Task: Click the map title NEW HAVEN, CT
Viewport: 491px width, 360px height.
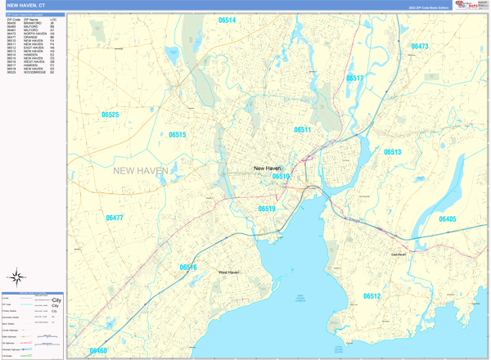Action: click(x=27, y=5)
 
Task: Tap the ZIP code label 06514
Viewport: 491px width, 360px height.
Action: click(x=227, y=20)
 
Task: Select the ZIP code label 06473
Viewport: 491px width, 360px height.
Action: click(x=420, y=47)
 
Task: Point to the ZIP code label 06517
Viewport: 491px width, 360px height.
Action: click(x=355, y=79)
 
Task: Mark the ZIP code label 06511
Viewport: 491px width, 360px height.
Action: click(x=303, y=130)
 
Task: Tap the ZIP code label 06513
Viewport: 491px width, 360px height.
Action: click(x=393, y=152)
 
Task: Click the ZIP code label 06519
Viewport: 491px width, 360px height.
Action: click(x=267, y=209)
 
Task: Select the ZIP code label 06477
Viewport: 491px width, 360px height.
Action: click(x=115, y=218)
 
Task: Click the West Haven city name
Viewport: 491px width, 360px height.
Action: click(x=228, y=272)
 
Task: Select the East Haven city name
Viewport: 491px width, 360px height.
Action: click(x=399, y=254)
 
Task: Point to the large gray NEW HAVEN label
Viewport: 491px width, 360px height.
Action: click(x=141, y=171)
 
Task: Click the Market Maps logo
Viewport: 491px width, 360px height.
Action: click(x=471, y=5)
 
